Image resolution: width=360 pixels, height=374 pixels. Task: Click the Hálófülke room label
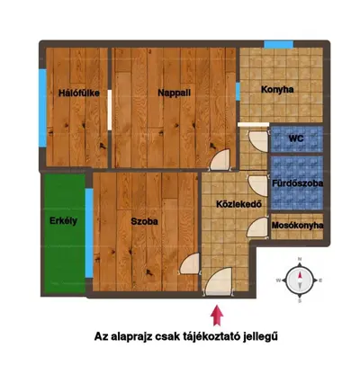pyautogui.click(x=79, y=93)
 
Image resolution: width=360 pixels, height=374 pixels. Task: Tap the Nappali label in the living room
pyautogui.click(x=175, y=93)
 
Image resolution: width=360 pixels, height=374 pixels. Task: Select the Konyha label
pyautogui.click(x=277, y=90)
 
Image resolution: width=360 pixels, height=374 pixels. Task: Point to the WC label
pyautogui.click(x=296, y=138)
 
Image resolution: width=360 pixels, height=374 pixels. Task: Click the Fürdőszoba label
pyautogui.click(x=297, y=183)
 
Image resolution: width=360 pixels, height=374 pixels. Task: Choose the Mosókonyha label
pyautogui.click(x=297, y=226)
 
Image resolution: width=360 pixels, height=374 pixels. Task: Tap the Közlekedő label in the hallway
pyautogui.click(x=238, y=204)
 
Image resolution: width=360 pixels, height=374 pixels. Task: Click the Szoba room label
pyautogui.click(x=144, y=221)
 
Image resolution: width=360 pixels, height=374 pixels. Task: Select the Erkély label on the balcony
pyautogui.click(x=63, y=221)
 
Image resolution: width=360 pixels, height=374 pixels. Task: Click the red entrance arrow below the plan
pyautogui.click(x=217, y=316)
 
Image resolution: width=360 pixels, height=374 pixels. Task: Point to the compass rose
pyautogui.click(x=300, y=280)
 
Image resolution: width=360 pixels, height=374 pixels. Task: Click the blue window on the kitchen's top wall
pyautogui.click(x=278, y=44)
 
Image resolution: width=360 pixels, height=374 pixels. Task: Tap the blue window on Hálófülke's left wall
pyautogui.click(x=43, y=108)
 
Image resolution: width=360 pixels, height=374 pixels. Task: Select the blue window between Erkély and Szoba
pyautogui.click(x=89, y=233)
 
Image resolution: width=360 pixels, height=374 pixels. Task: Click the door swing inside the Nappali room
pyautogui.click(x=220, y=160)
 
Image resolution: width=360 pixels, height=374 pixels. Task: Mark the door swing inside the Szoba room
pyautogui.click(x=189, y=263)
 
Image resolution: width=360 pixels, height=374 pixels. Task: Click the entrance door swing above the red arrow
pyautogui.click(x=219, y=281)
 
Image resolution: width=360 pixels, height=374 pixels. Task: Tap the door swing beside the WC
pyautogui.click(x=258, y=141)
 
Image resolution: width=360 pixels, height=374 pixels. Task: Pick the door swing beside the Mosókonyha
pyautogui.click(x=257, y=227)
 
